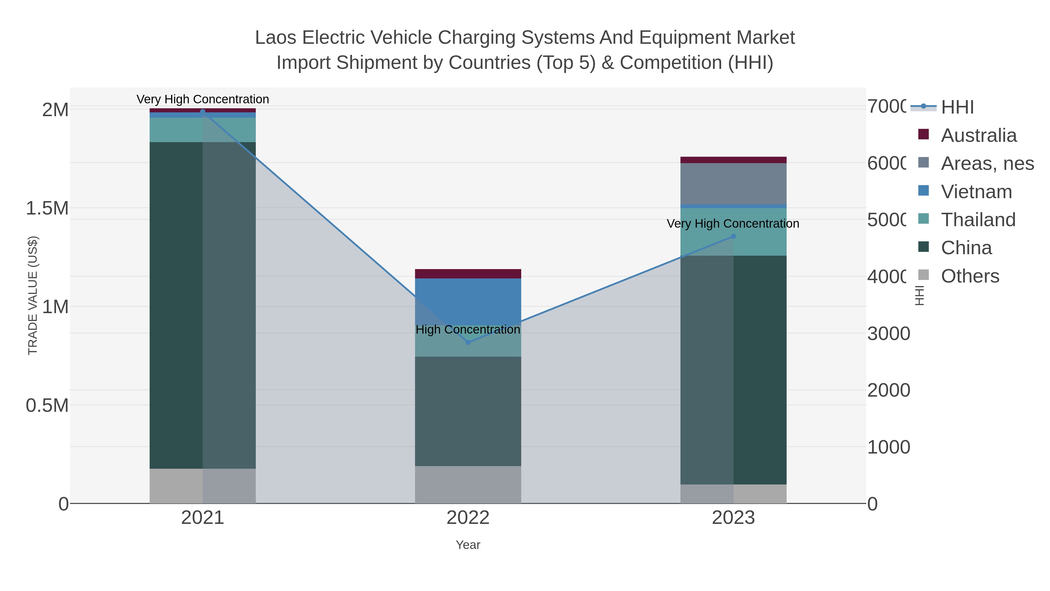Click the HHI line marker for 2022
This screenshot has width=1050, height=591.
tap(468, 342)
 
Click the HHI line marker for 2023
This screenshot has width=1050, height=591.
tap(733, 236)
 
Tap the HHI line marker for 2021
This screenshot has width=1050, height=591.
tap(203, 111)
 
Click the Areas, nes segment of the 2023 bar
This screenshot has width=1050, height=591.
tap(733, 184)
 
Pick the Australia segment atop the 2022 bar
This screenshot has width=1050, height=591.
tap(468, 274)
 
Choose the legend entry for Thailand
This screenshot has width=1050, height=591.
tap(978, 220)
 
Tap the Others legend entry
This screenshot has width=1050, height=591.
tap(970, 276)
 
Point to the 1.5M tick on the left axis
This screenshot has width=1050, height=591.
tap(47, 208)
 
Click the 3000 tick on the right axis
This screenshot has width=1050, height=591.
tap(888, 334)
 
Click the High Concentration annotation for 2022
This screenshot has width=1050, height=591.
tap(468, 330)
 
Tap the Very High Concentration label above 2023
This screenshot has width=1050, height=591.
tap(733, 224)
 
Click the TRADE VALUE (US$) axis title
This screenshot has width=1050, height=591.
tap(33, 295)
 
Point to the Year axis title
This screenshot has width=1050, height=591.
tap(468, 545)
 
